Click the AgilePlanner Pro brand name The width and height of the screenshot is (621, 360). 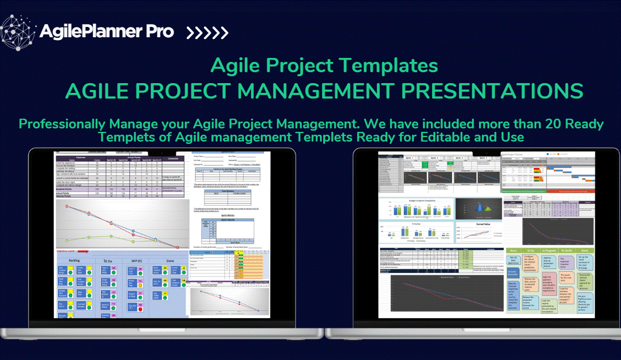(x=107, y=32)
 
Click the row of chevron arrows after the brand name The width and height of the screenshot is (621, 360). (x=206, y=32)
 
